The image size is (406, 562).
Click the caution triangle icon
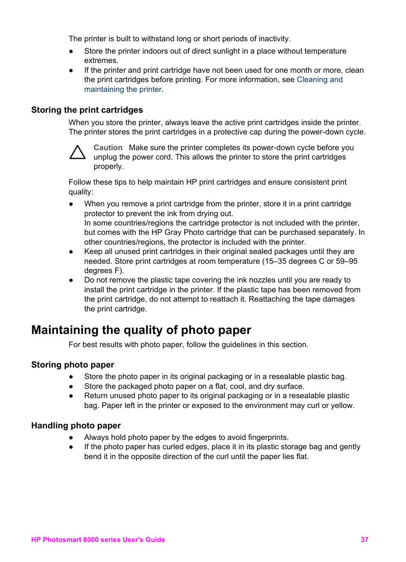click(77, 152)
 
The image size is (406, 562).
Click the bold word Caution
click(108, 148)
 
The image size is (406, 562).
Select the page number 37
click(364, 539)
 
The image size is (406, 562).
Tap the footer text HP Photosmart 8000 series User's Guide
click(98, 539)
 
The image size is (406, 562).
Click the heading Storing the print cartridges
click(87, 110)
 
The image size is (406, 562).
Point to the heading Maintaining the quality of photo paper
click(141, 330)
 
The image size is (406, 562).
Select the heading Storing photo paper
click(72, 365)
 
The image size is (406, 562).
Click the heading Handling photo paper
click(76, 425)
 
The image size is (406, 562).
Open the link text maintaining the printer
click(123, 89)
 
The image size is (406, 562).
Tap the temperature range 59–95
click(346, 261)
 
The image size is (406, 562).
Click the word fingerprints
click(267, 437)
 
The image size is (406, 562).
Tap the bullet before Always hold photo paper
click(71, 437)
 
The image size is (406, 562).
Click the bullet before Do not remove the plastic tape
click(71, 280)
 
